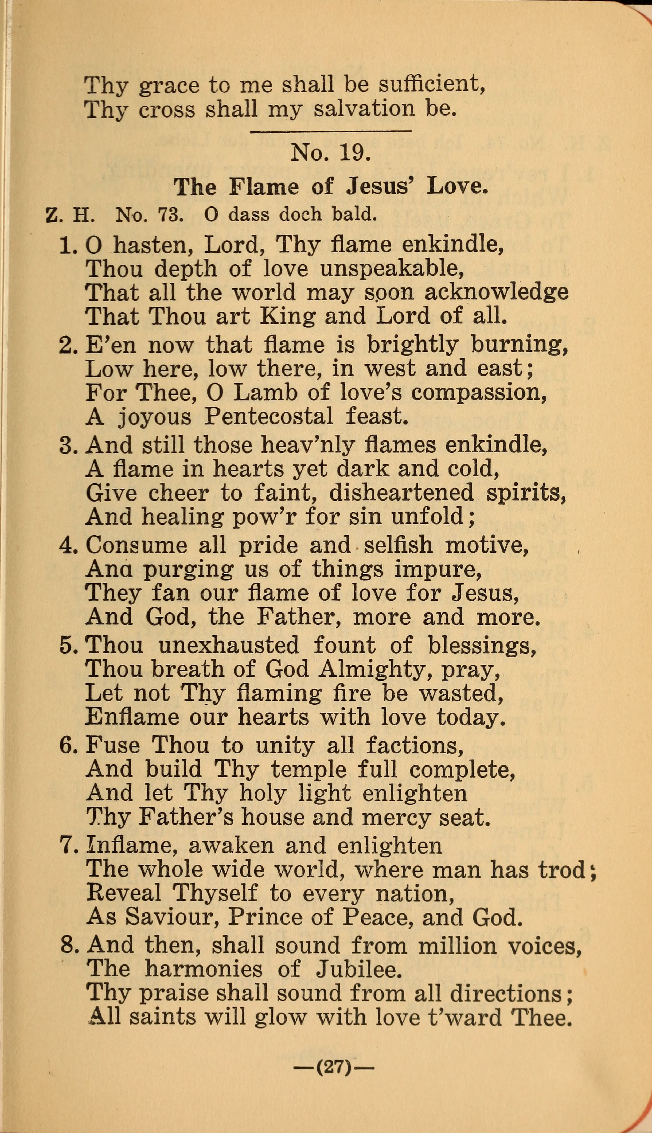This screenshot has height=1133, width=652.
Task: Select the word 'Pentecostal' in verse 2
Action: click(268, 417)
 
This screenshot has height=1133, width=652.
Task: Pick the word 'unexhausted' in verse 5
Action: click(228, 646)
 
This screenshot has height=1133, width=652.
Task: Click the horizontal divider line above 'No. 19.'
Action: click(330, 131)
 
